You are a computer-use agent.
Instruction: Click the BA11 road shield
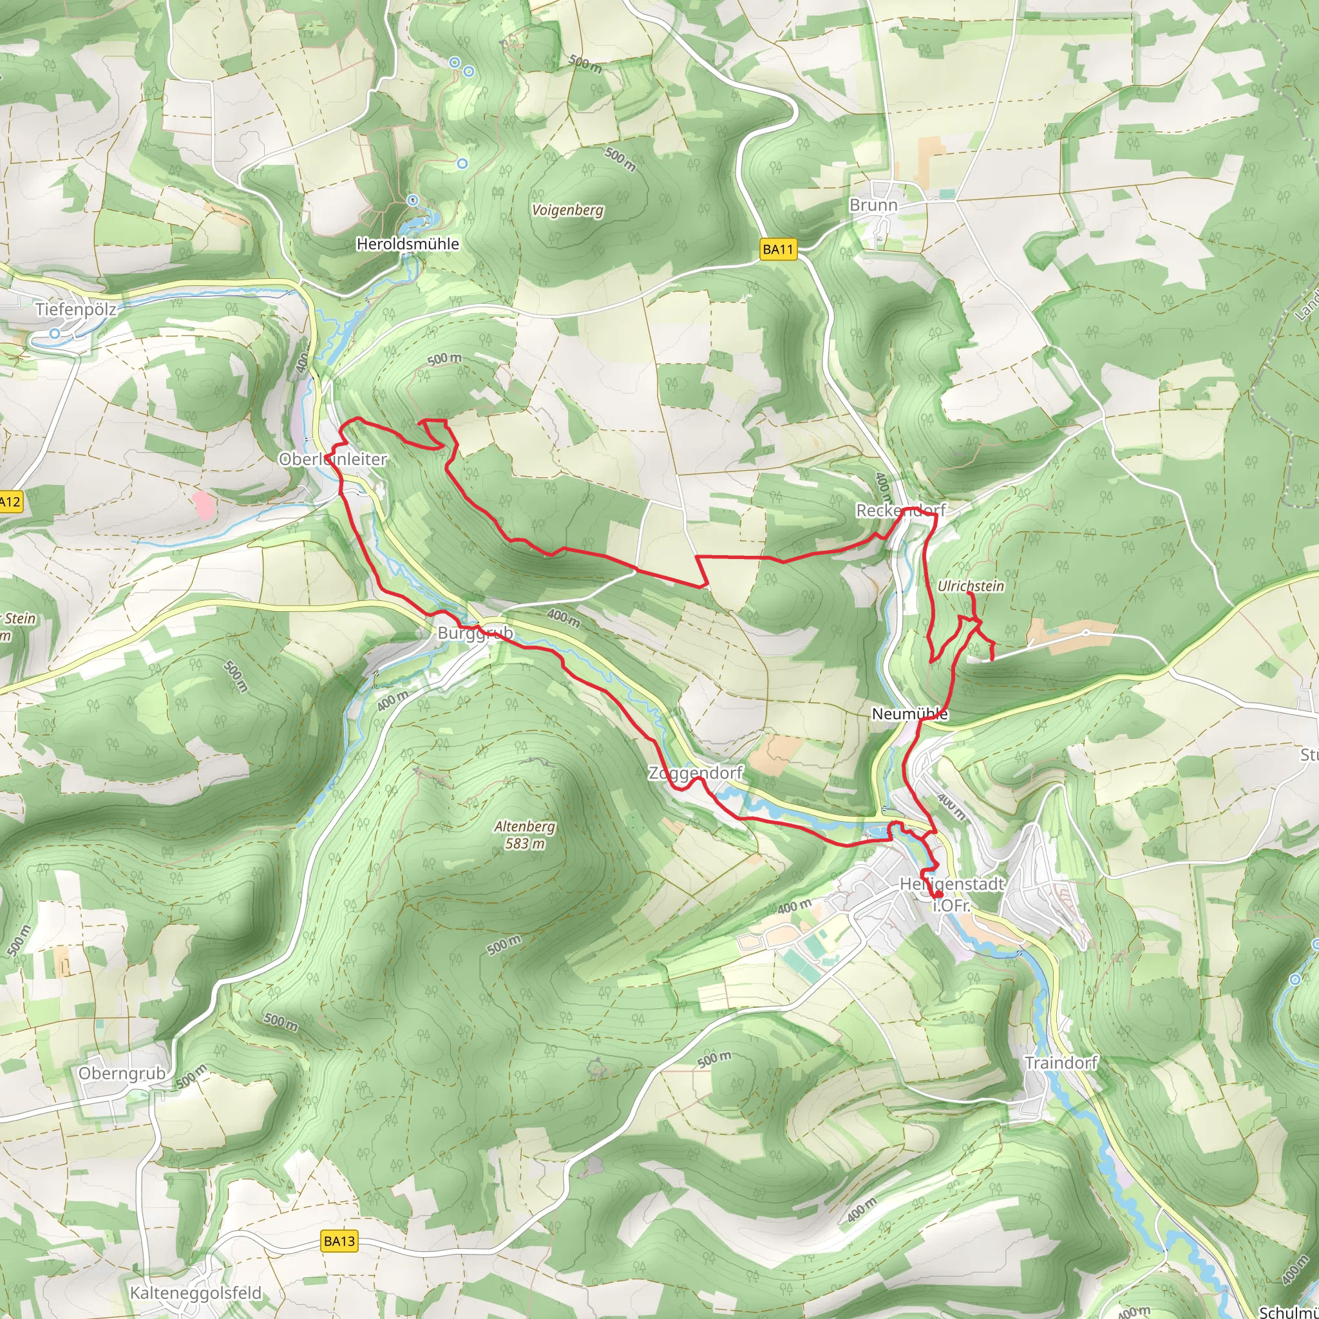point(777,249)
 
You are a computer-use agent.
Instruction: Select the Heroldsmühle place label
point(408,243)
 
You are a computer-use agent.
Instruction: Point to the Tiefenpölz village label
point(75,309)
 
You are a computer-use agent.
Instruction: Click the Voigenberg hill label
point(568,209)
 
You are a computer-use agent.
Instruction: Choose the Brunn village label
point(873,205)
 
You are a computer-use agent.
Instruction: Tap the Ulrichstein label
point(971,586)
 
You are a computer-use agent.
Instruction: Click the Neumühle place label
point(910,714)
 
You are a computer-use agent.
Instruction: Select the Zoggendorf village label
point(696,773)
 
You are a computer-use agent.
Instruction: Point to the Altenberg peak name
point(525,826)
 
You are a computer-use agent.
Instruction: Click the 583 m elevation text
point(525,844)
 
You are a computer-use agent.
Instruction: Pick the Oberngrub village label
point(122,1073)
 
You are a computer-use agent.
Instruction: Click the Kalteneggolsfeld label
point(195,1293)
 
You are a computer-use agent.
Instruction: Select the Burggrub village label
point(475,633)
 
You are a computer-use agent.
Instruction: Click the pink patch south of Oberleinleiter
point(203,504)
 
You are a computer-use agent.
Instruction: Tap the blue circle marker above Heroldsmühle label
point(412,200)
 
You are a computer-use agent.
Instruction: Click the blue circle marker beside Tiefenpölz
point(55,333)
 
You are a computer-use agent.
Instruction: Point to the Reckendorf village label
point(901,510)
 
